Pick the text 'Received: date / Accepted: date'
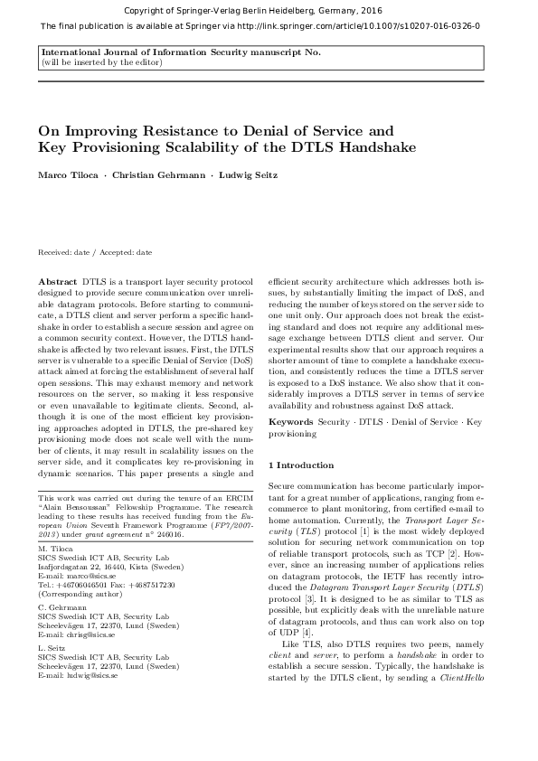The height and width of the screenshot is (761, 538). tap(95, 252)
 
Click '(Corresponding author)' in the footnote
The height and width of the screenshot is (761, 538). tap(76, 593)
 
